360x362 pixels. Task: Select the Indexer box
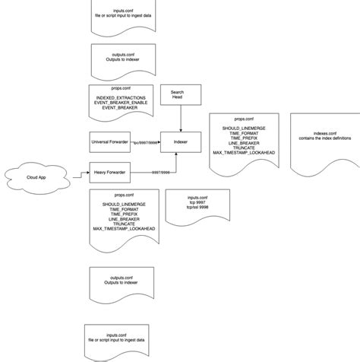click(x=182, y=141)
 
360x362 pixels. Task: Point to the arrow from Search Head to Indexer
click(x=182, y=119)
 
